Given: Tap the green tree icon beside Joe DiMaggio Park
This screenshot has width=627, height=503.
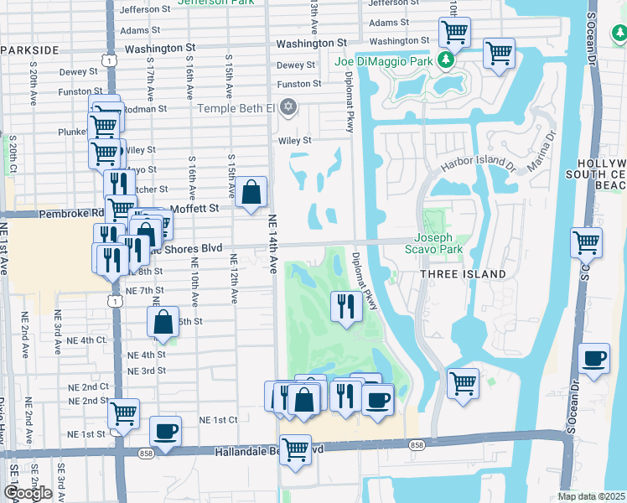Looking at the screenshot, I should point(447,60).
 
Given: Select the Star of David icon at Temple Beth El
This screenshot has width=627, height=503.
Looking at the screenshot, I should point(288,106).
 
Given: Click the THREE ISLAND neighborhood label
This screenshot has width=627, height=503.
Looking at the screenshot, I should point(464,274).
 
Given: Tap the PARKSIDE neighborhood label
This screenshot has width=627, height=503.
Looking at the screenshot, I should point(29,50).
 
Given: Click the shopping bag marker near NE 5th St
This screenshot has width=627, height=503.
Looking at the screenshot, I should point(163,322).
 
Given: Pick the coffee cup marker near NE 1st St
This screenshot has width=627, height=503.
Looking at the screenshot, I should point(165,432).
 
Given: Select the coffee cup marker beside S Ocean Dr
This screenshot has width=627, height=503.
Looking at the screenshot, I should point(594,359).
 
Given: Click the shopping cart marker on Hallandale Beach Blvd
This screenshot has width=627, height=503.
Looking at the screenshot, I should point(295,450).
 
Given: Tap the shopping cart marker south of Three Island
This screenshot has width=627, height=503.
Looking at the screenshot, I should point(463,383).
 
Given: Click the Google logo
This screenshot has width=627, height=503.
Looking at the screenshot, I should point(28,493).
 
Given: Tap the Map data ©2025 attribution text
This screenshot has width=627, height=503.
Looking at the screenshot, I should point(591,496).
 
